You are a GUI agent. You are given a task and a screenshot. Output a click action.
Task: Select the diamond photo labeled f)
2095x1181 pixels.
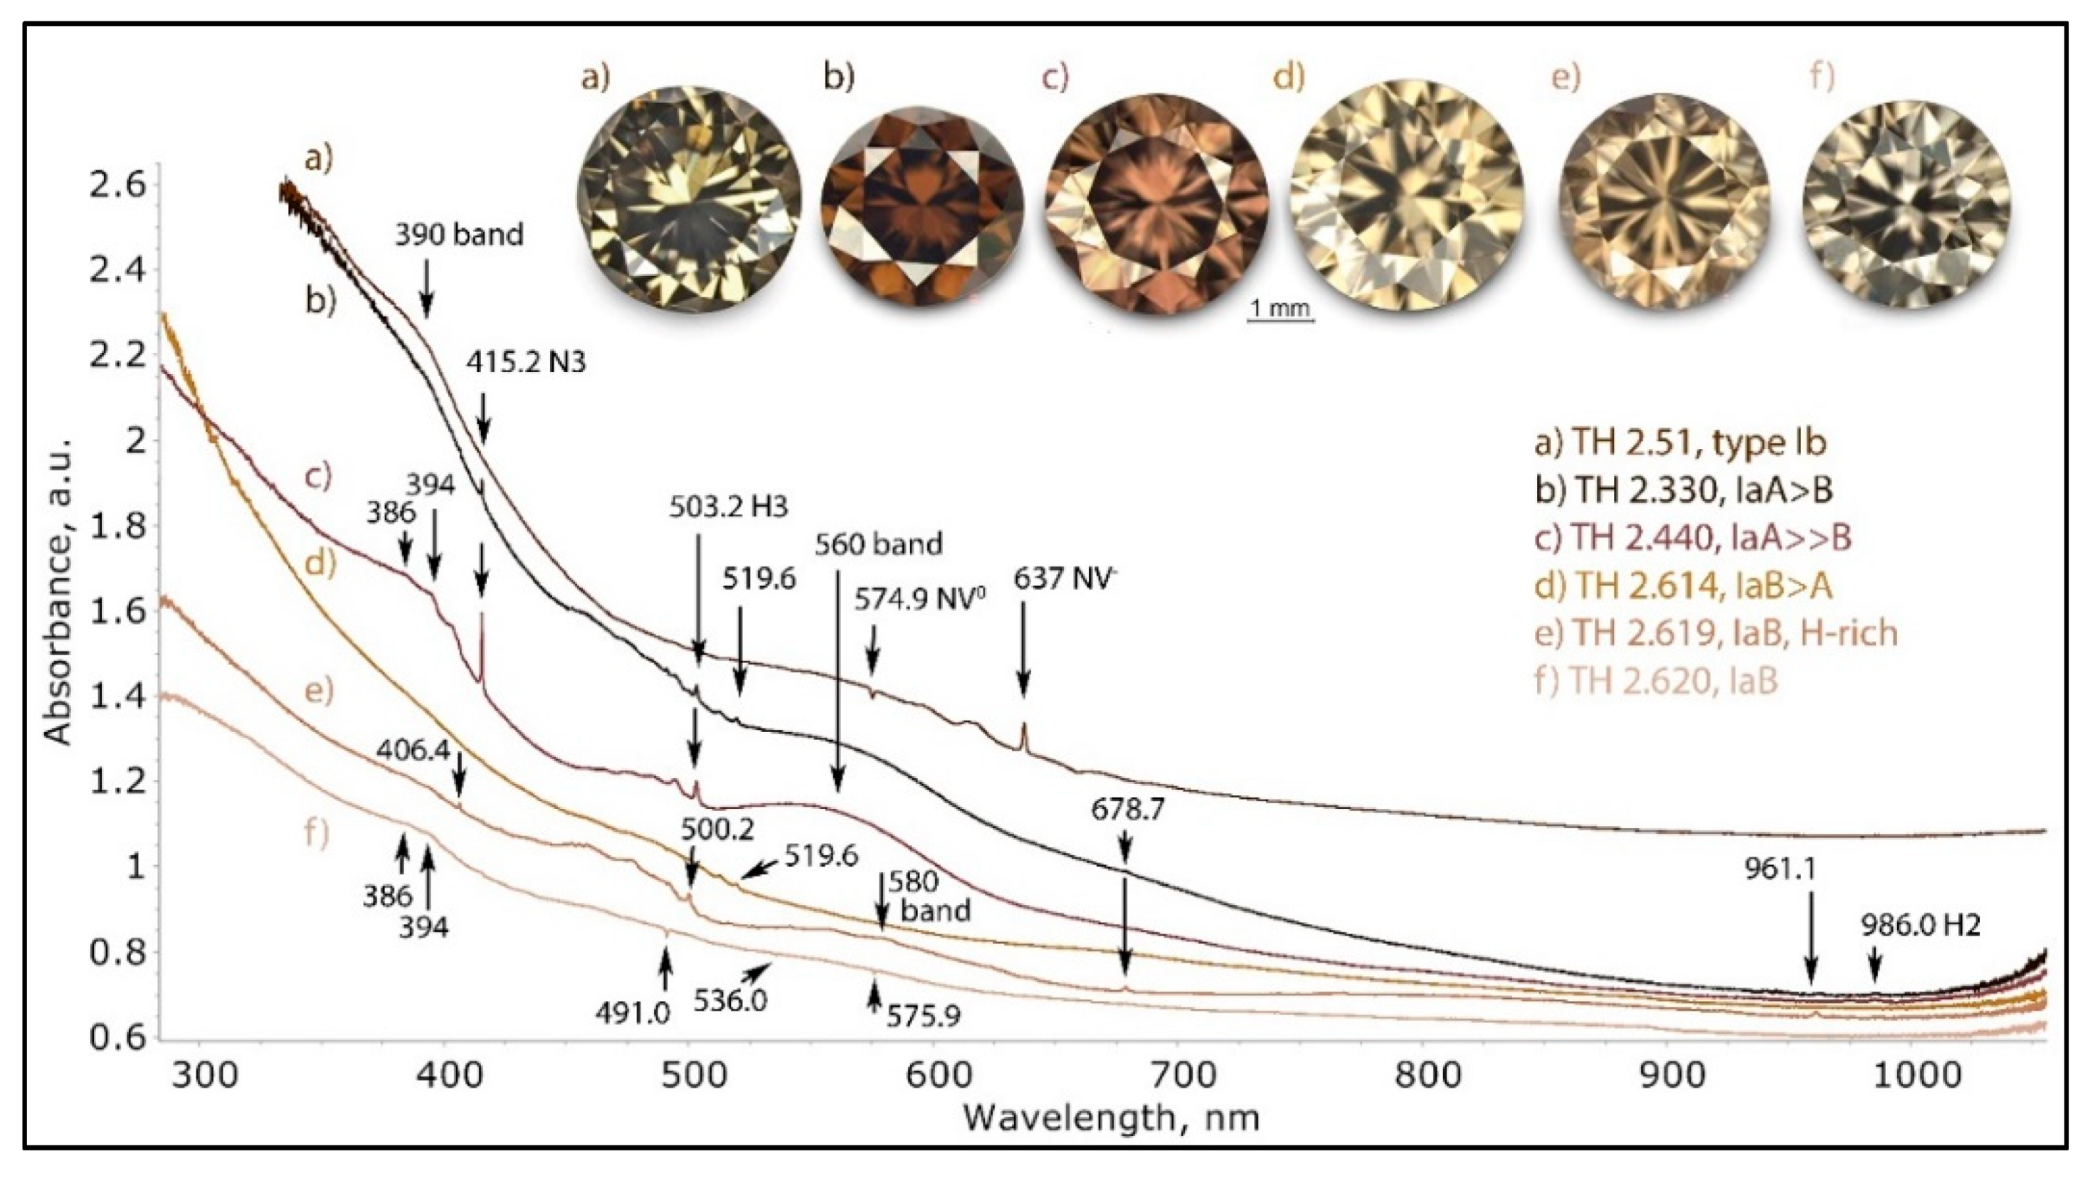pyautogui.click(x=1906, y=203)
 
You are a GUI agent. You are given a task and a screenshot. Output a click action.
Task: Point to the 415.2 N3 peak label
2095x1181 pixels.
pyautogui.click(x=525, y=363)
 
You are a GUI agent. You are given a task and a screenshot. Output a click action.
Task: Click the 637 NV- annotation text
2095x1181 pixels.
pyautogui.click(x=1061, y=579)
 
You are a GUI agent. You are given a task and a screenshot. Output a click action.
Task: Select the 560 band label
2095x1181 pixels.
pyautogui.click(x=878, y=544)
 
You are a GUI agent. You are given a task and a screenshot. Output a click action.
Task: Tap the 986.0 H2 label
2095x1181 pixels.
pyautogui.click(x=1921, y=925)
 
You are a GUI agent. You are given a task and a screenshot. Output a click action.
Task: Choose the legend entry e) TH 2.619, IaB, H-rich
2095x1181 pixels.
pyautogui.click(x=1716, y=632)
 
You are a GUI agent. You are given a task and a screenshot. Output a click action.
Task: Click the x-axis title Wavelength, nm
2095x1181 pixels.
pyautogui.click(x=1112, y=1118)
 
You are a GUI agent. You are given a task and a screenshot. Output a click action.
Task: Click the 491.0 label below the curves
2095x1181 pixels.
pyautogui.click(x=633, y=1013)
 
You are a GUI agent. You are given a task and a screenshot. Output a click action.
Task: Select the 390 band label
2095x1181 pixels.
pyautogui.click(x=459, y=235)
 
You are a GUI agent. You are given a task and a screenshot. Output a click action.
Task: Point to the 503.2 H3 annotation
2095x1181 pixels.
pyautogui.click(x=729, y=507)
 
